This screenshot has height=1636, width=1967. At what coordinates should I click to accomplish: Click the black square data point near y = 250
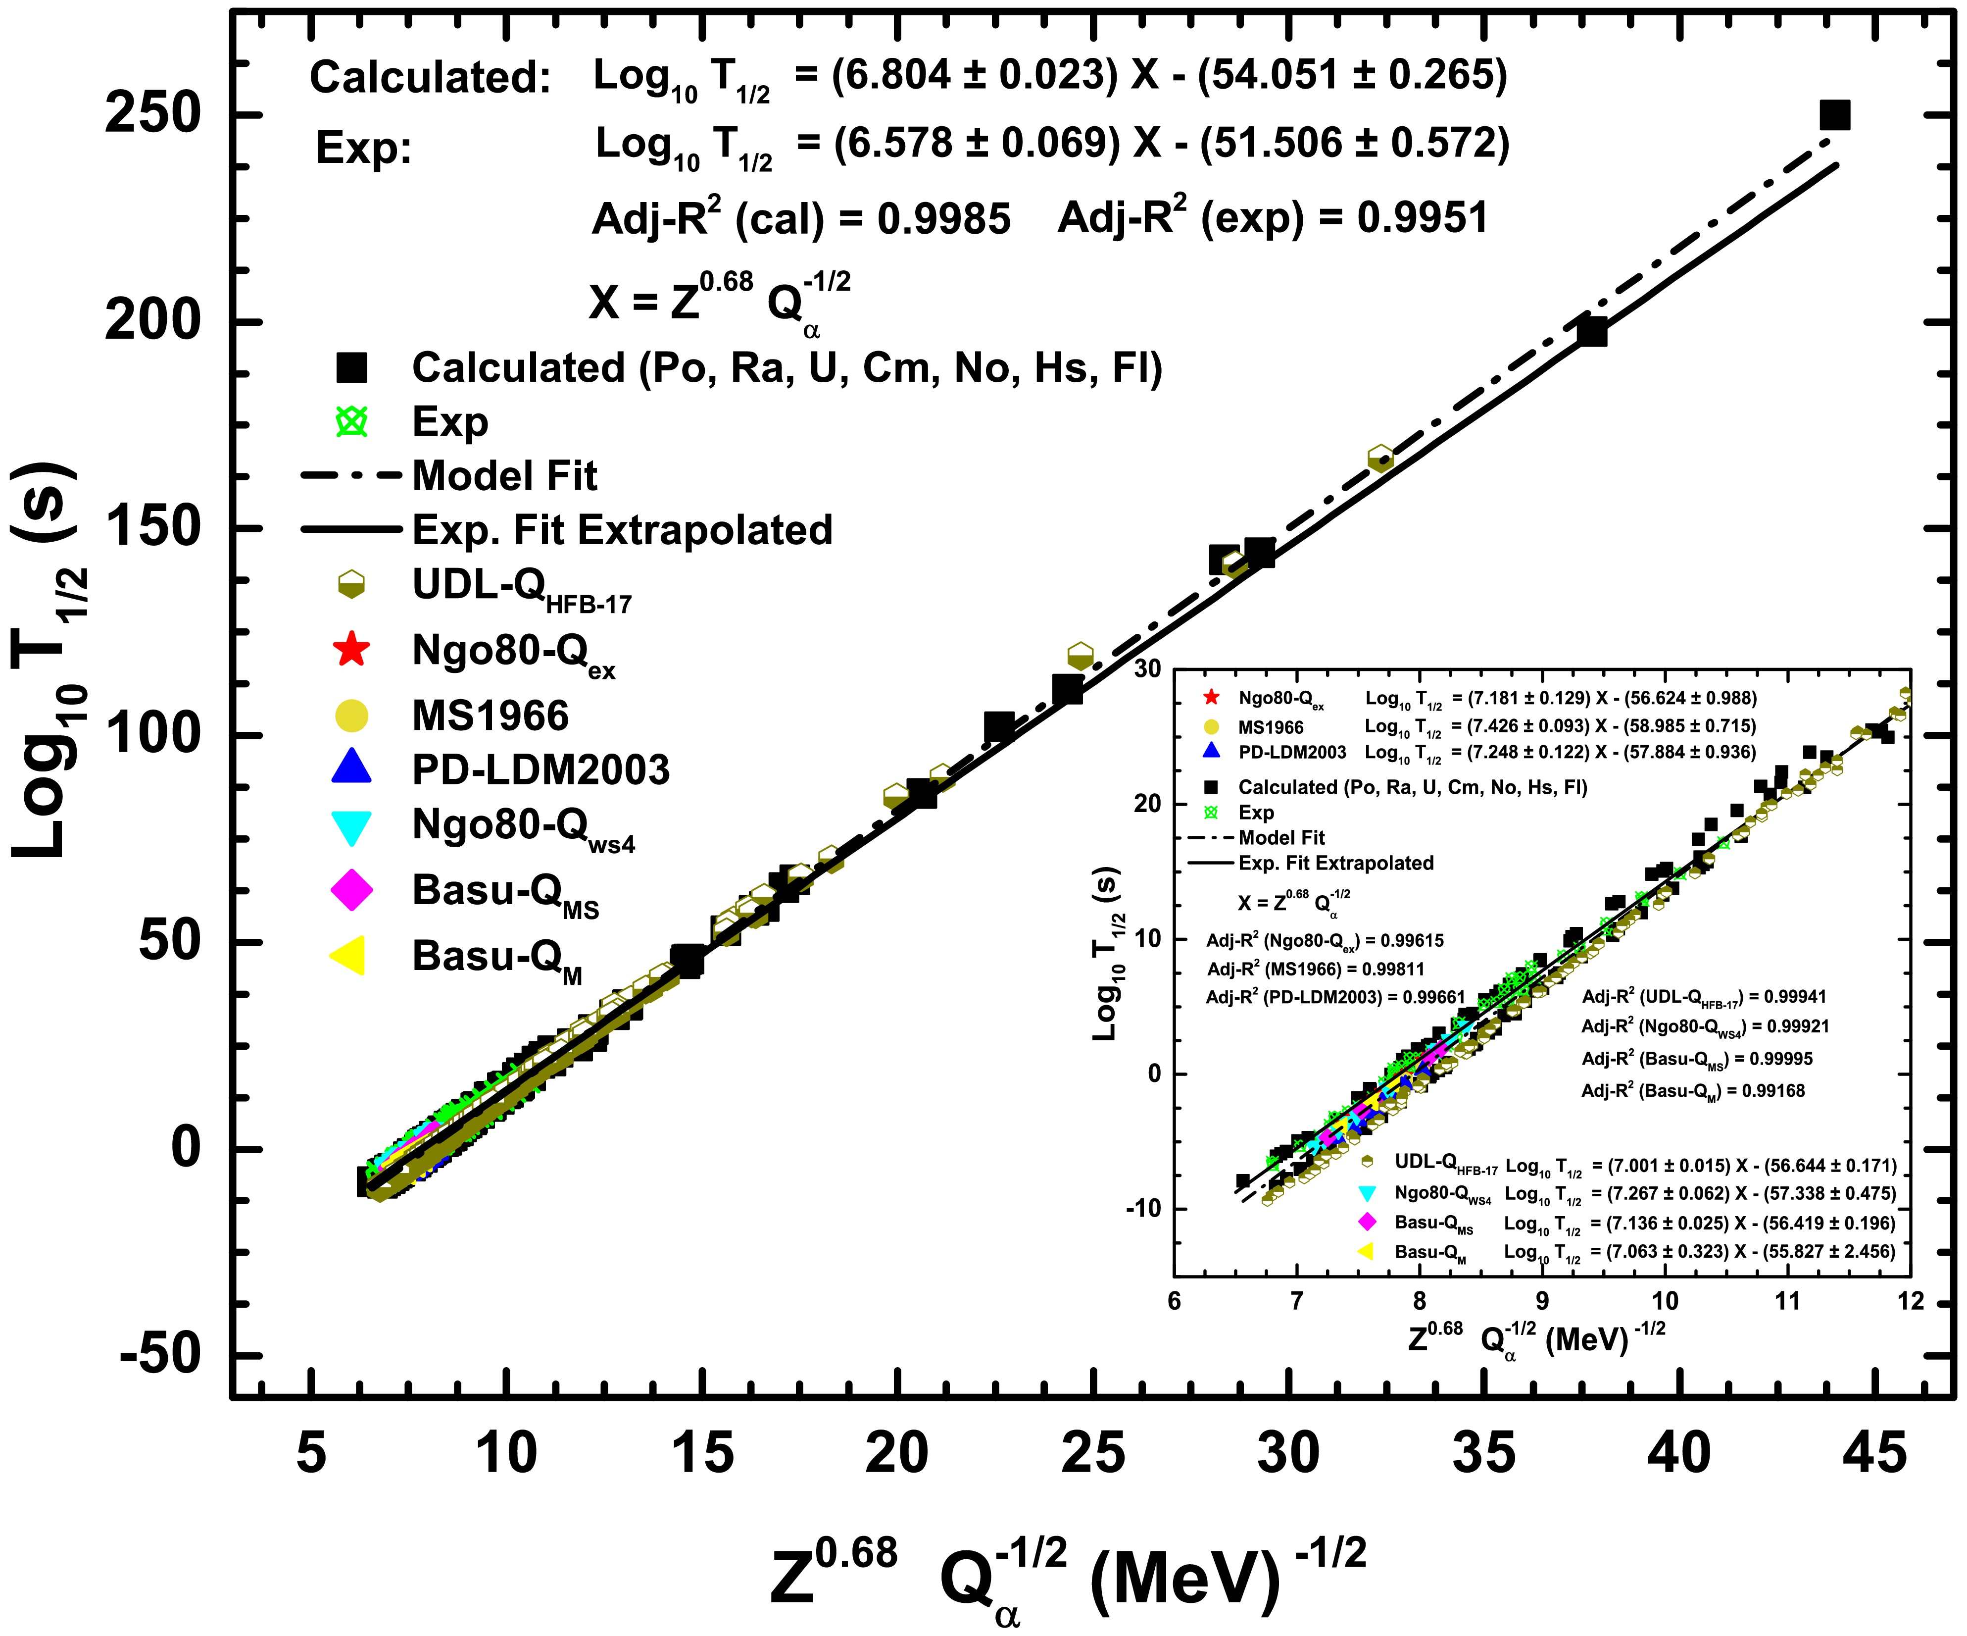point(1834,115)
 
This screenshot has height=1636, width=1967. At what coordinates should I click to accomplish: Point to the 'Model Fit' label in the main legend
point(504,476)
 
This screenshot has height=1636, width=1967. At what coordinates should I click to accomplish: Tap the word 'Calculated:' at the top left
point(430,78)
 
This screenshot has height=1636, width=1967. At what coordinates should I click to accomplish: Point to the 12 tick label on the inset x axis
point(1910,1301)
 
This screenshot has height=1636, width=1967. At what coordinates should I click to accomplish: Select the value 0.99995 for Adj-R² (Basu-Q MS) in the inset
point(1773,1059)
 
